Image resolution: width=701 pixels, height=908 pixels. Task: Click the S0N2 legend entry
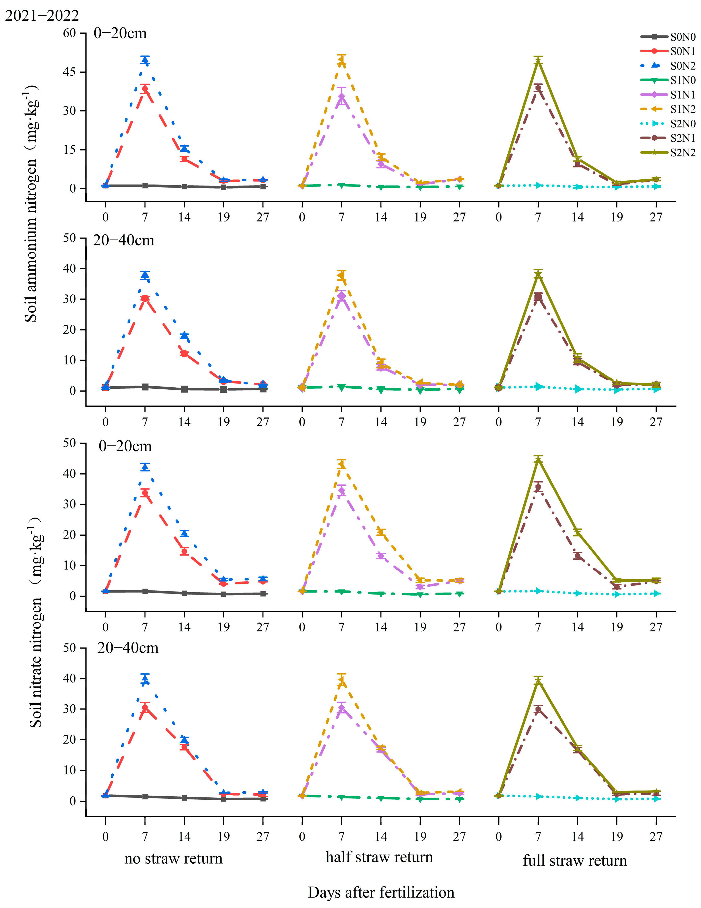tap(682, 66)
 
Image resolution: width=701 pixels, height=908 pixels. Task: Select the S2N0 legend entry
tap(682, 124)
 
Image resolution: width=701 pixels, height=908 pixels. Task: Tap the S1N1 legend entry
tap(682, 95)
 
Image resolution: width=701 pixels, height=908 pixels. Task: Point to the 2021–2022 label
tap(42, 16)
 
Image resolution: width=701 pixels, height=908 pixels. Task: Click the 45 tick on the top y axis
tap(69, 72)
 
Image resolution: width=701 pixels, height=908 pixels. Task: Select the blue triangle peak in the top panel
tap(145, 60)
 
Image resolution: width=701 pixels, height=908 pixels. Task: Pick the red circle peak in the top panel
tap(145, 89)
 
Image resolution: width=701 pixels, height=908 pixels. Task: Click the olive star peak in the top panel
tap(538, 61)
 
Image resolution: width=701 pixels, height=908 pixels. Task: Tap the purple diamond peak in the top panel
tap(341, 97)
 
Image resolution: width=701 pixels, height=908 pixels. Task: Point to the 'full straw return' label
tap(575, 860)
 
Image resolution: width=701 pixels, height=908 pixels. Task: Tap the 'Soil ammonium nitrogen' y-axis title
tap(31, 204)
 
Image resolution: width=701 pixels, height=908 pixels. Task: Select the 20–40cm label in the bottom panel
tap(128, 647)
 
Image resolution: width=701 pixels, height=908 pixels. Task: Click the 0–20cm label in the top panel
tap(120, 33)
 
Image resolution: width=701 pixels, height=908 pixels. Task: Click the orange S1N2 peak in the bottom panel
tap(341, 681)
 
